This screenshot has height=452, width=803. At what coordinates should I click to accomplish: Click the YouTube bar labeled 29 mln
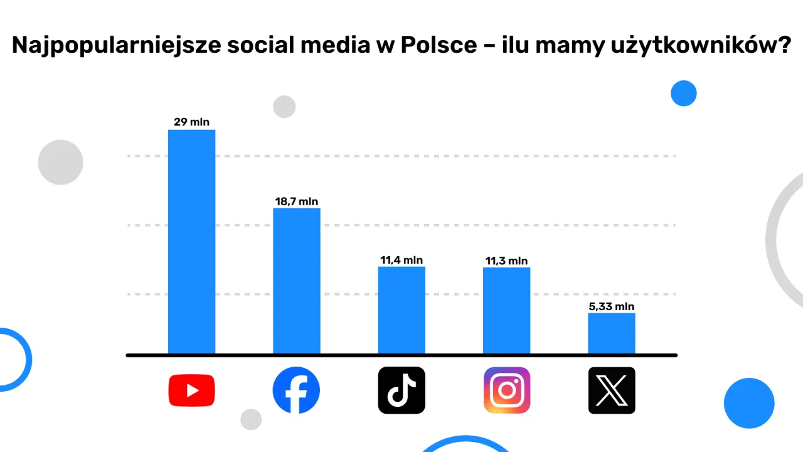(x=191, y=242)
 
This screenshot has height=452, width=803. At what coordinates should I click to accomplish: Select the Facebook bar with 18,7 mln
(x=296, y=281)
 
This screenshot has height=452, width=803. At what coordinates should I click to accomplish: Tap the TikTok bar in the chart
(x=401, y=310)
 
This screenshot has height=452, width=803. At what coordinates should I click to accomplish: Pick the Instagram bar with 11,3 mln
(x=506, y=311)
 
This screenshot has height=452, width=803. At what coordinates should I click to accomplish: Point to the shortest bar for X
(x=611, y=333)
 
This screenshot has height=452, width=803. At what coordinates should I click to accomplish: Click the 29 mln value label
(x=191, y=122)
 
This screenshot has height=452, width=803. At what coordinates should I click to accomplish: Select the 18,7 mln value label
(x=297, y=202)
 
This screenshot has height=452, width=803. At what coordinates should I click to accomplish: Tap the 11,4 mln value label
(x=401, y=260)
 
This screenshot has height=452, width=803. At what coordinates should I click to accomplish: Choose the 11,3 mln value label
(x=506, y=261)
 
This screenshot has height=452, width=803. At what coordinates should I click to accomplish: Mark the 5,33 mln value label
(x=612, y=306)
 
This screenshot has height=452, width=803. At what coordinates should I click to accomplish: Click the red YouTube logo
(x=191, y=390)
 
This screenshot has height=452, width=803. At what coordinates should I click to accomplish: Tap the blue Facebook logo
(x=296, y=390)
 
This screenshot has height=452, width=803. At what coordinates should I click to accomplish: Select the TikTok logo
(x=401, y=390)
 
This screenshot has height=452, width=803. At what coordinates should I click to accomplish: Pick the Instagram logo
(x=507, y=390)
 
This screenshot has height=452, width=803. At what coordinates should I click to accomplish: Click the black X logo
(x=612, y=390)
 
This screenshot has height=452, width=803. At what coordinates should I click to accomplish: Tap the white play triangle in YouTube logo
(x=193, y=390)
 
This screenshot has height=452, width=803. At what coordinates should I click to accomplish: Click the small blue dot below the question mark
(x=684, y=94)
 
